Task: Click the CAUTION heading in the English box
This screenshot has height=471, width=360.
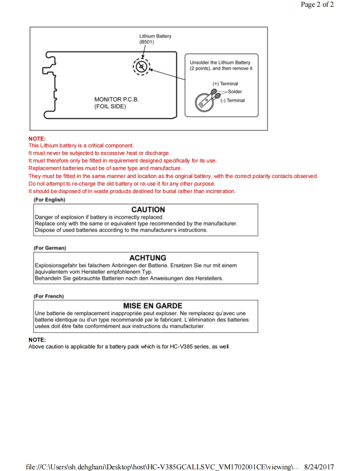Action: pyautogui.click(x=148, y=209)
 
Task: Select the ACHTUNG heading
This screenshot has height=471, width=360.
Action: pyautogui.click(x=148, y=258)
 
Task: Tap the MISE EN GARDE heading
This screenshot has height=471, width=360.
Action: pyautogui.click(x=152, y=306)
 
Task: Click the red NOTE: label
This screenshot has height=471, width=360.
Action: pyautogui.click(x=37, y=139)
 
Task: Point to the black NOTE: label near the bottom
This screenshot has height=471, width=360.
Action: pyautogui.click(x=37, y=340)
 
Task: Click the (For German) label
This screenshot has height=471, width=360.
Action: pyautogui.click(x=50, y=248)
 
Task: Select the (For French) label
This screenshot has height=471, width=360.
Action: pyautogui.click(x=49, y=296)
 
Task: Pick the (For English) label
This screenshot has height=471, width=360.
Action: pyautogui.click(x=49, y=200)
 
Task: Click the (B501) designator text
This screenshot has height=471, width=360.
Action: pyautogui.click(x=146, y=42)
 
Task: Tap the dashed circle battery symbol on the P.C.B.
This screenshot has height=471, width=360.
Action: pyautogui.click(x=142, y=66)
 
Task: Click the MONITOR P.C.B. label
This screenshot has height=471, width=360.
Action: pyautogui.click(x=116, y=99)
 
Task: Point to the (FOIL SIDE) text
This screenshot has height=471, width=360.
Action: pyautogui.click(x=110, y=107)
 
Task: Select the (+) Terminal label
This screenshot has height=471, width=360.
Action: pyautogui.click(x=225, y=84)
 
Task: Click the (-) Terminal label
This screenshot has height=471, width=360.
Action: pyautogui.click(x=232, y=100)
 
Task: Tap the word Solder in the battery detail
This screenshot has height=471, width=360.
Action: pyautogui.click(x=235, y=92)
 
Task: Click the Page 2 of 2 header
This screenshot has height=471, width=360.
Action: pyautogui.click(x=317, y=5)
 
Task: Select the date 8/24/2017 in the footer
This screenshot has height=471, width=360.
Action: pyautogui.click(x=319, y=467)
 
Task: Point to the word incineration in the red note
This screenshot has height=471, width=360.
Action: pyautogui.click(x=220, y=191)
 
